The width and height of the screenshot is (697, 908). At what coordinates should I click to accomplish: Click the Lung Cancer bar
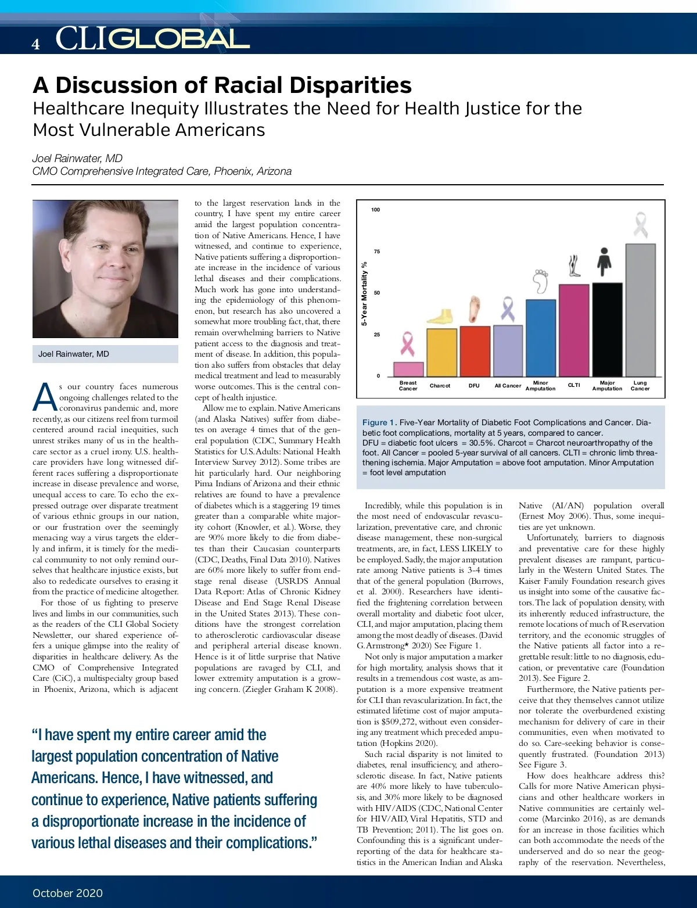[641, 310]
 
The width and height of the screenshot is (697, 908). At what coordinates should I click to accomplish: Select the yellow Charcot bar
[441, 353]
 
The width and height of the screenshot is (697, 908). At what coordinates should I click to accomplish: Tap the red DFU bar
[475, 351]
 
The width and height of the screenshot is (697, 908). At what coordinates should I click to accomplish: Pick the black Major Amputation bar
[607, 329]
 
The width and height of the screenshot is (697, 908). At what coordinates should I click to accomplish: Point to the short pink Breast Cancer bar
[408, 369]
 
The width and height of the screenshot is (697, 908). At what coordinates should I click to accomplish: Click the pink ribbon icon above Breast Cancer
[408, 344]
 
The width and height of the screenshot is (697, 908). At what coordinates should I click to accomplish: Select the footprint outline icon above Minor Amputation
[541, 281]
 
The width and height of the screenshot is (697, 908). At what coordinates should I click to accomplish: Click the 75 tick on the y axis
[377, 252]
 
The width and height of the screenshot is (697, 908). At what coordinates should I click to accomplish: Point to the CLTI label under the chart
[574, 386]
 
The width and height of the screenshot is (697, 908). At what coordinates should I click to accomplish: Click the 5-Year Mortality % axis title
[364, 293]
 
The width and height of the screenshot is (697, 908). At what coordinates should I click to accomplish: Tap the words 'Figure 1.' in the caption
[379, 422]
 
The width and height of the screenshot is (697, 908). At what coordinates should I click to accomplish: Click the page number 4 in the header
[36, 44]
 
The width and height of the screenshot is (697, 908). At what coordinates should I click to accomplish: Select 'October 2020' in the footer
[67, 893]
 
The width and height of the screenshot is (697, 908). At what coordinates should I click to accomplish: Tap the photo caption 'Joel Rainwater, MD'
[74, 354]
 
